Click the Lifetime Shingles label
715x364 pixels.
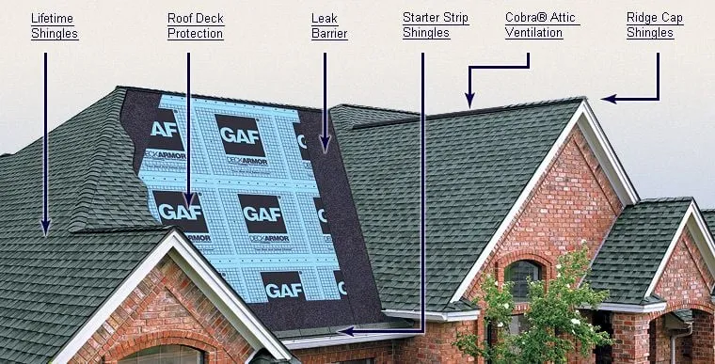point(54,25)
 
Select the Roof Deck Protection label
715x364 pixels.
point(195,25)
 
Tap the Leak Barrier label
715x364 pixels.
point(329,25)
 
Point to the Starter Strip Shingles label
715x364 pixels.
point(435,25)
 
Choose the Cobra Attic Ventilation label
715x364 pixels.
point(542,25)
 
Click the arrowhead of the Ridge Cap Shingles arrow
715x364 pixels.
point(608,98)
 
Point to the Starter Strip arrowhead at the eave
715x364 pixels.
point(344,331)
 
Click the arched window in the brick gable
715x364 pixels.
point(523,278)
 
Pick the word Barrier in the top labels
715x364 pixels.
point(329,34)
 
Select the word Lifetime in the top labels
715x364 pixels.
point(52,18)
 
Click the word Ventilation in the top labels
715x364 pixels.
point(533,34)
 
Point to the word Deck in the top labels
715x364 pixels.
point(211,18)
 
